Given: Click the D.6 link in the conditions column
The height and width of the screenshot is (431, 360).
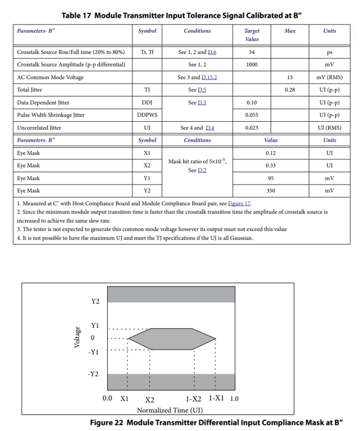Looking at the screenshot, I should pyautogui.click(x=212, y=52).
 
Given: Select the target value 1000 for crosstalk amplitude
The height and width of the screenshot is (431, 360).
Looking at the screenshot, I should pyautogui.click(x=251, y=65).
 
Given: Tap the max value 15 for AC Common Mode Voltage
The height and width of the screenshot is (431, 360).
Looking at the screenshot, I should pyautogui.click(x=289, y=77).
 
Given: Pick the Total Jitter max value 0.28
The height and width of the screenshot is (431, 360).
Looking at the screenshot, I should pyautogui.click(x=289, y=90).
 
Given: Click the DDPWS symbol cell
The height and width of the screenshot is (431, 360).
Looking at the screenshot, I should pyautogui.click(x=147, y=115).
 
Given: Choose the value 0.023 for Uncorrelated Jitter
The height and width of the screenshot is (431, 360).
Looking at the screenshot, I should pyautogui.click(x=251, y=128).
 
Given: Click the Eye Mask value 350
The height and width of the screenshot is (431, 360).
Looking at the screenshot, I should pyautogui.click(x=271, y=191).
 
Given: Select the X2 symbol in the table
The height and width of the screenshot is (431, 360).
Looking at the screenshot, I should pyautogui.click(x=147, y=166).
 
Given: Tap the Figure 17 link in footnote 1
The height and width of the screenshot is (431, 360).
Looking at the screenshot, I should pyautogui.click(x=240, y=204).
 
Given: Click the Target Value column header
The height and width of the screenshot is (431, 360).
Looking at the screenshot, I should pyautogui.click(x=251, y=35).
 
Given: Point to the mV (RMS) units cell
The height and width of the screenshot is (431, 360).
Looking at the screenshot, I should pyautogui.click(x=329, y=77).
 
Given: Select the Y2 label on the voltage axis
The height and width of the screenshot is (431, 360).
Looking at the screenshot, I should pyautogui.click(x=95, y=301).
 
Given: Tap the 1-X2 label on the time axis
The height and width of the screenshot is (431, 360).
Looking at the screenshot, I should pyautogui.click(x=193, y=399).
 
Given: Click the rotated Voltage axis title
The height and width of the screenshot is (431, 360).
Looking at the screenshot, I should pyautogui.click(x=78, y=338).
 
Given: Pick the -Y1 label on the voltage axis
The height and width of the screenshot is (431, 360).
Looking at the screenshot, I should pyautogui.click(x=94, y=352).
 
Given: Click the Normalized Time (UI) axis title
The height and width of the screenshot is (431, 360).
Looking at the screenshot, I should pyautogui.click(x=169, y=410).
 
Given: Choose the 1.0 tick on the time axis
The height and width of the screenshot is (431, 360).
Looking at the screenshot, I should pyautogui.click(x=234, y=399).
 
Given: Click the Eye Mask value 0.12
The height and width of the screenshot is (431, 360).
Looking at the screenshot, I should pyautogui.click(x=271, y=153).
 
